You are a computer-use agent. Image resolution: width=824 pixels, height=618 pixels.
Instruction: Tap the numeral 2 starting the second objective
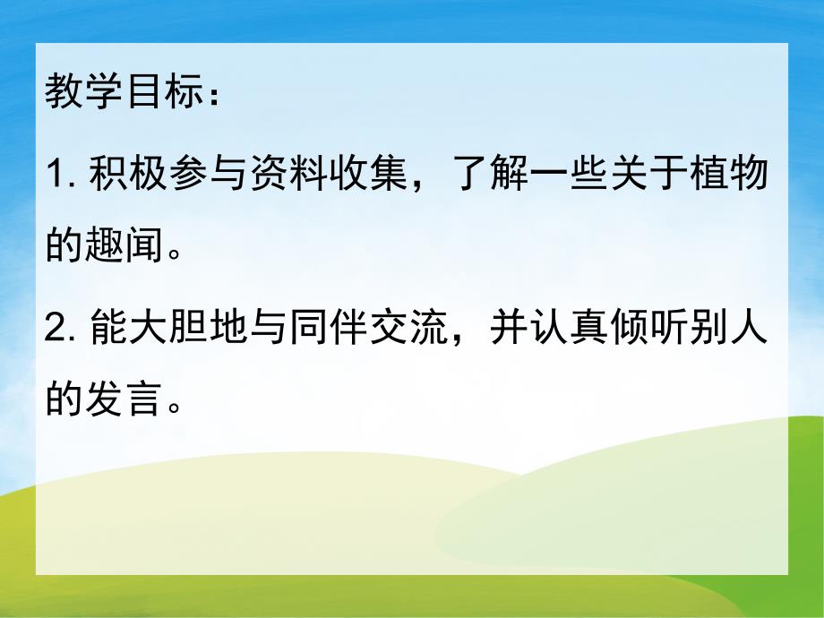pyautogui.click(x=55, y=331)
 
